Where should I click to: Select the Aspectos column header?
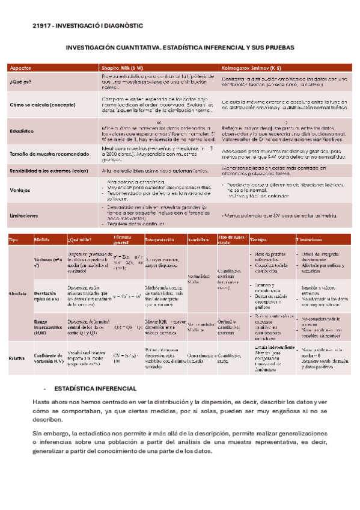22,68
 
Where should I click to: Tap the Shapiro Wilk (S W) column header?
123,68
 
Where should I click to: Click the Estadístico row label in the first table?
22,131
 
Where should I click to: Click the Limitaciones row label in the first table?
24,214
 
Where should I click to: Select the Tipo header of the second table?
13,240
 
